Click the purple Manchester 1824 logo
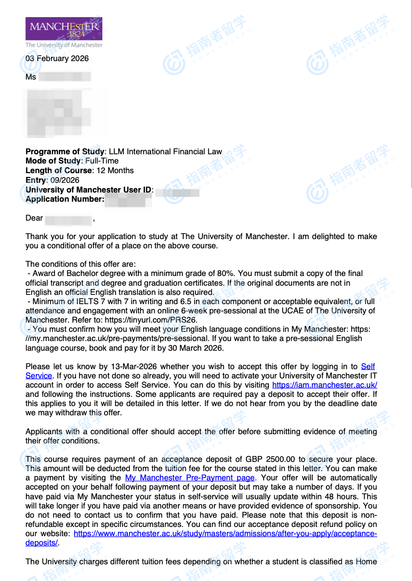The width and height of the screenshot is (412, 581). tap(64, 29)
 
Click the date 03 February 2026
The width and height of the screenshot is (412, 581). tap(57, 58)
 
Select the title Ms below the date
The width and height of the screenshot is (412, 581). tap(31, 77)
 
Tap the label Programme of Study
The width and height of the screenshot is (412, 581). tap(65, 152)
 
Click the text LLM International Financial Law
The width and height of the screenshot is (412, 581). tap(166, 152)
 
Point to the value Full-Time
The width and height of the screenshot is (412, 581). tap(102, 161)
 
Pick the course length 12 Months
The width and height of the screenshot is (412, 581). tap(115, 171)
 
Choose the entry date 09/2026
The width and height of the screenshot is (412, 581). tap(65, 180)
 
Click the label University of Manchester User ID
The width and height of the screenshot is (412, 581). tap(88, 190)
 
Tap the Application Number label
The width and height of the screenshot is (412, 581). tap(65, 199)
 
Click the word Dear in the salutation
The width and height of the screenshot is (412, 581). tap(34, 218)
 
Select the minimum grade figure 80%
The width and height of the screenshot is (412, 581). tap(226, 273)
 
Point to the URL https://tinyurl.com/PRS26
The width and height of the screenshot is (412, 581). tap(151, 320)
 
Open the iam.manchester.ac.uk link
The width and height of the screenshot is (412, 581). tap(325, 385)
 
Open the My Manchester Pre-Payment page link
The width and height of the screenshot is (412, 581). tap(190, 478)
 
